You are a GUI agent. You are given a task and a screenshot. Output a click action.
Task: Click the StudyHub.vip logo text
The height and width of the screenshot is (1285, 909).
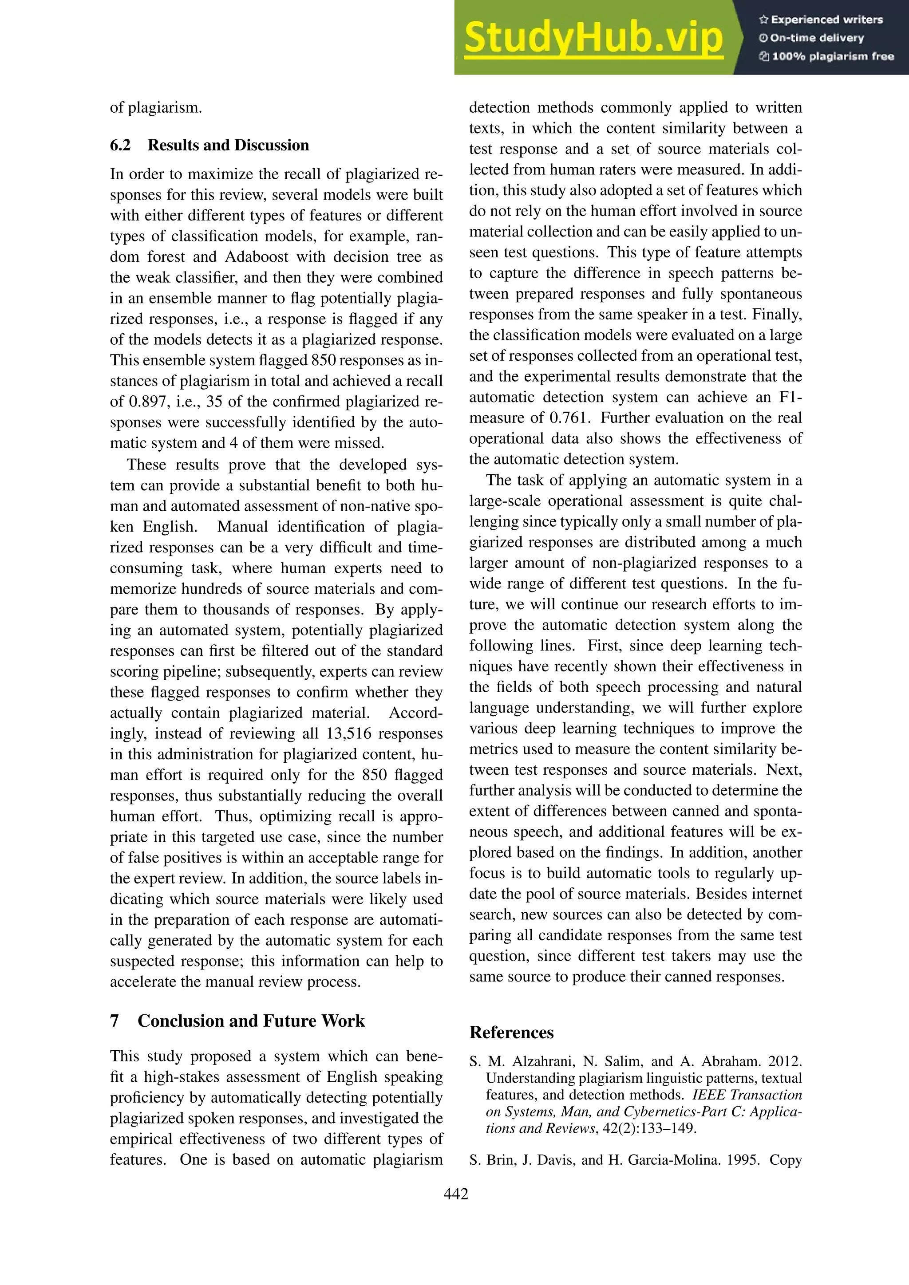tap(593, 38)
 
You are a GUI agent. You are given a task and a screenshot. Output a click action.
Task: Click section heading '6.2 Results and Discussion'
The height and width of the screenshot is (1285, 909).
tap(209, 146)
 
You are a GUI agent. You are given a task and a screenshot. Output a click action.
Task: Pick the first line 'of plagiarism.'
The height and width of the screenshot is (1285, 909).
tap(156, 107)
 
